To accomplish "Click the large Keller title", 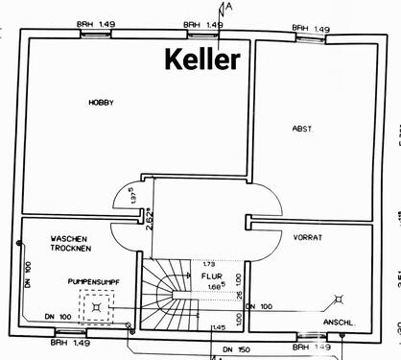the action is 202,60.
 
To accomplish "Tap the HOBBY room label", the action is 101,102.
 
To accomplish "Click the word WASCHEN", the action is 70,238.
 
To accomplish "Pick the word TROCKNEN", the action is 71,250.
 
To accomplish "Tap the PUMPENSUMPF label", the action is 92,280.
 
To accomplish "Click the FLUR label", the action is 212,274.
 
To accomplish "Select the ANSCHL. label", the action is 341,321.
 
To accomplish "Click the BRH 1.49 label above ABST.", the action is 311,30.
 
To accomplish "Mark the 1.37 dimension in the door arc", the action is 132,195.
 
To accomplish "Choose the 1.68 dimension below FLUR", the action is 216,284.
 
